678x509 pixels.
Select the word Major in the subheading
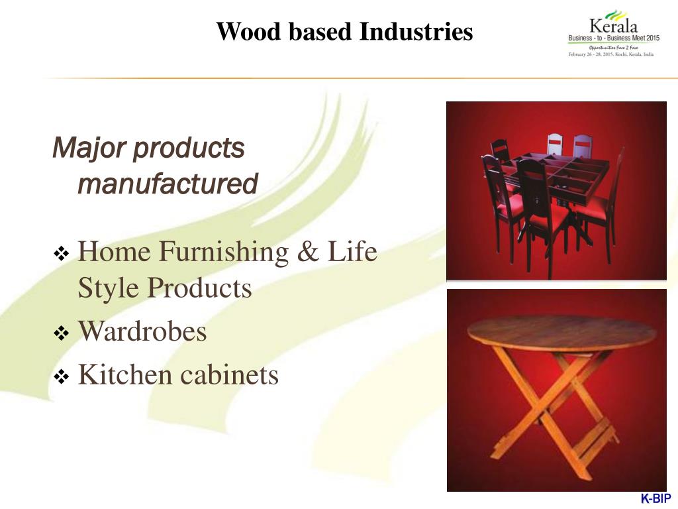tap(88, 148)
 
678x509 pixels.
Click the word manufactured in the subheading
tap(168, 184)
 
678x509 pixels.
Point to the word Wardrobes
tap(142, 331)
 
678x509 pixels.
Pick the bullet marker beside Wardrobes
tap(60, 333)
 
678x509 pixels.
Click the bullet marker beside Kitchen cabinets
tap(60, 377)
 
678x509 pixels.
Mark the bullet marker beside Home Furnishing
tap(60, 254)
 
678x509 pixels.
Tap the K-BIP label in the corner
tap(655, 498)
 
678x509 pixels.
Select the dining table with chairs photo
tap(556, 191)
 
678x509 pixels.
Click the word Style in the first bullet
tap(109, 288)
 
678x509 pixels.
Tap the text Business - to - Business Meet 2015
tap(614, 38)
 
